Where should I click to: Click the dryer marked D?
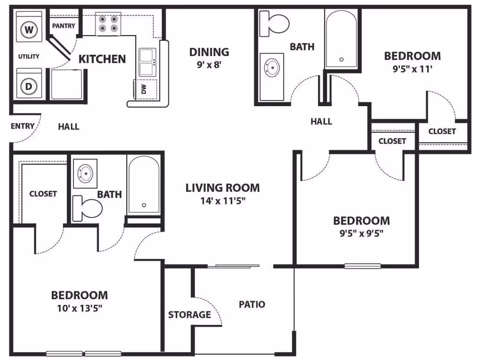point(29,86)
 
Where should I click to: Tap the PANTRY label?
point(64,26)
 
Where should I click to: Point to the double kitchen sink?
point(148,62)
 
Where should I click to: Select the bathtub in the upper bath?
point(342,39)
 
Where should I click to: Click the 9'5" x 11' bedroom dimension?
point(412,69)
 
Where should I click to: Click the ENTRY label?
point(22,126)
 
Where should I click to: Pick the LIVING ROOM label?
point(222,188)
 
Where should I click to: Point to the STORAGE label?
point(189,315)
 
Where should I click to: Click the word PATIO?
point(252,304)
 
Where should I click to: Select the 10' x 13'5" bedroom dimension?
point(79,308)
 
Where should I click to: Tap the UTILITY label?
point(29,57)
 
